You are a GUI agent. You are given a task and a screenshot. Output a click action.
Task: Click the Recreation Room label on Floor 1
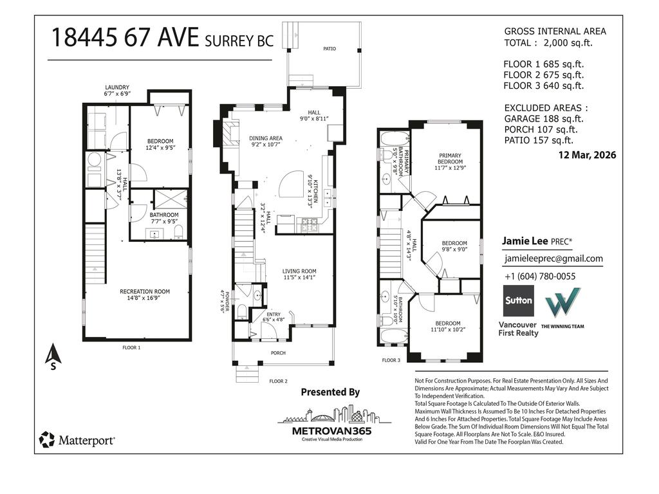(145, 291)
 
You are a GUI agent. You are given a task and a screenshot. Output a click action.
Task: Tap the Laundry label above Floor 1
(117, 87)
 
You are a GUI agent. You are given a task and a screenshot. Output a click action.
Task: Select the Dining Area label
(266, 138)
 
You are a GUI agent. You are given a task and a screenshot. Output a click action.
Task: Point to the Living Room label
(299, 271)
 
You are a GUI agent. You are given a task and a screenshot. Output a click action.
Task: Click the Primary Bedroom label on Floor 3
(450, 158)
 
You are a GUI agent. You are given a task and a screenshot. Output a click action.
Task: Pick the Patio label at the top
(329, 49)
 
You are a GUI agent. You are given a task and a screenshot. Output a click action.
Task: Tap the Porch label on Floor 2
(278, 353)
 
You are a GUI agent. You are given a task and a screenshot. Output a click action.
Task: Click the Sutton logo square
(519, 301)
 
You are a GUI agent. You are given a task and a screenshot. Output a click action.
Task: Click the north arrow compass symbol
(53, 356)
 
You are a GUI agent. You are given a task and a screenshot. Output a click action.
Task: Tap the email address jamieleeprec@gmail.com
(553, 259)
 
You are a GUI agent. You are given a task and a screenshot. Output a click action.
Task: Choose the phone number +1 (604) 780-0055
(540, 277)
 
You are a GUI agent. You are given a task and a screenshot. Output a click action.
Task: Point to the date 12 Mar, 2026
(587, 155)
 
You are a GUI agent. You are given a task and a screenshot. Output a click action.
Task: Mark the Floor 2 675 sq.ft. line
(544, 75)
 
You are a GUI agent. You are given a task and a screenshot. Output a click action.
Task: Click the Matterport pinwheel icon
(46, 439)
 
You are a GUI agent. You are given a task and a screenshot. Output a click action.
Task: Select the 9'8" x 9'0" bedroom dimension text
(454, 249)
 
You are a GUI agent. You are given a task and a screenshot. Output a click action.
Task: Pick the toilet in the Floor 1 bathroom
(179, 232)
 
